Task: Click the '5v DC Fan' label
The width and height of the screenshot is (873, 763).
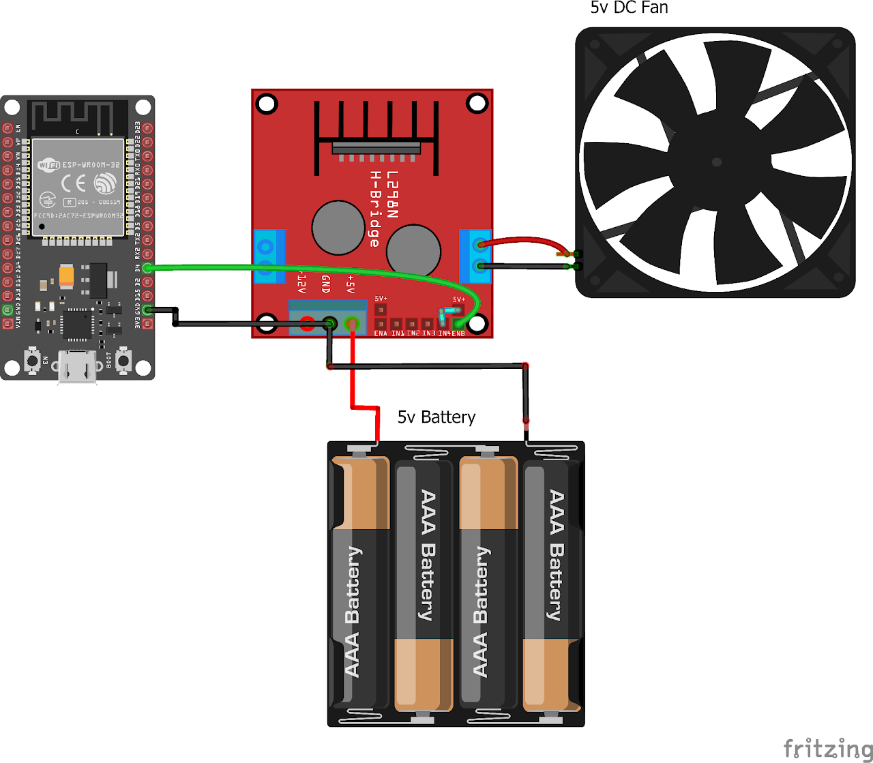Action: tap(629, 8)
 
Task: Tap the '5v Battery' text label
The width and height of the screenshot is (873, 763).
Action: tap(436, 417)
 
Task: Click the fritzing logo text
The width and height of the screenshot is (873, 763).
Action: tap(827, 748)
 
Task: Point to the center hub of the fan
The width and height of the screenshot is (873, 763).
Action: tap(716, 162)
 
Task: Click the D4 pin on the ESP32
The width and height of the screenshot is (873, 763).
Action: tap(147, 268)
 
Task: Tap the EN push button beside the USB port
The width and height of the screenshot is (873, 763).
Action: tap(31, 359)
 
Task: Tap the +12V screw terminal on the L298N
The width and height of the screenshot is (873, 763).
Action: tap(307, 324)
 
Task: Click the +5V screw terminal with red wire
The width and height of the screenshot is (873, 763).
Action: tap(352, 324)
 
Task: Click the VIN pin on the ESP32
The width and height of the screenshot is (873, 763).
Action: tap(8, 324)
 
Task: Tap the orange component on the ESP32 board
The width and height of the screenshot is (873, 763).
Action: tap(67, 275)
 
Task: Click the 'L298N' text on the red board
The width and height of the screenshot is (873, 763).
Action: tap(392, 195)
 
